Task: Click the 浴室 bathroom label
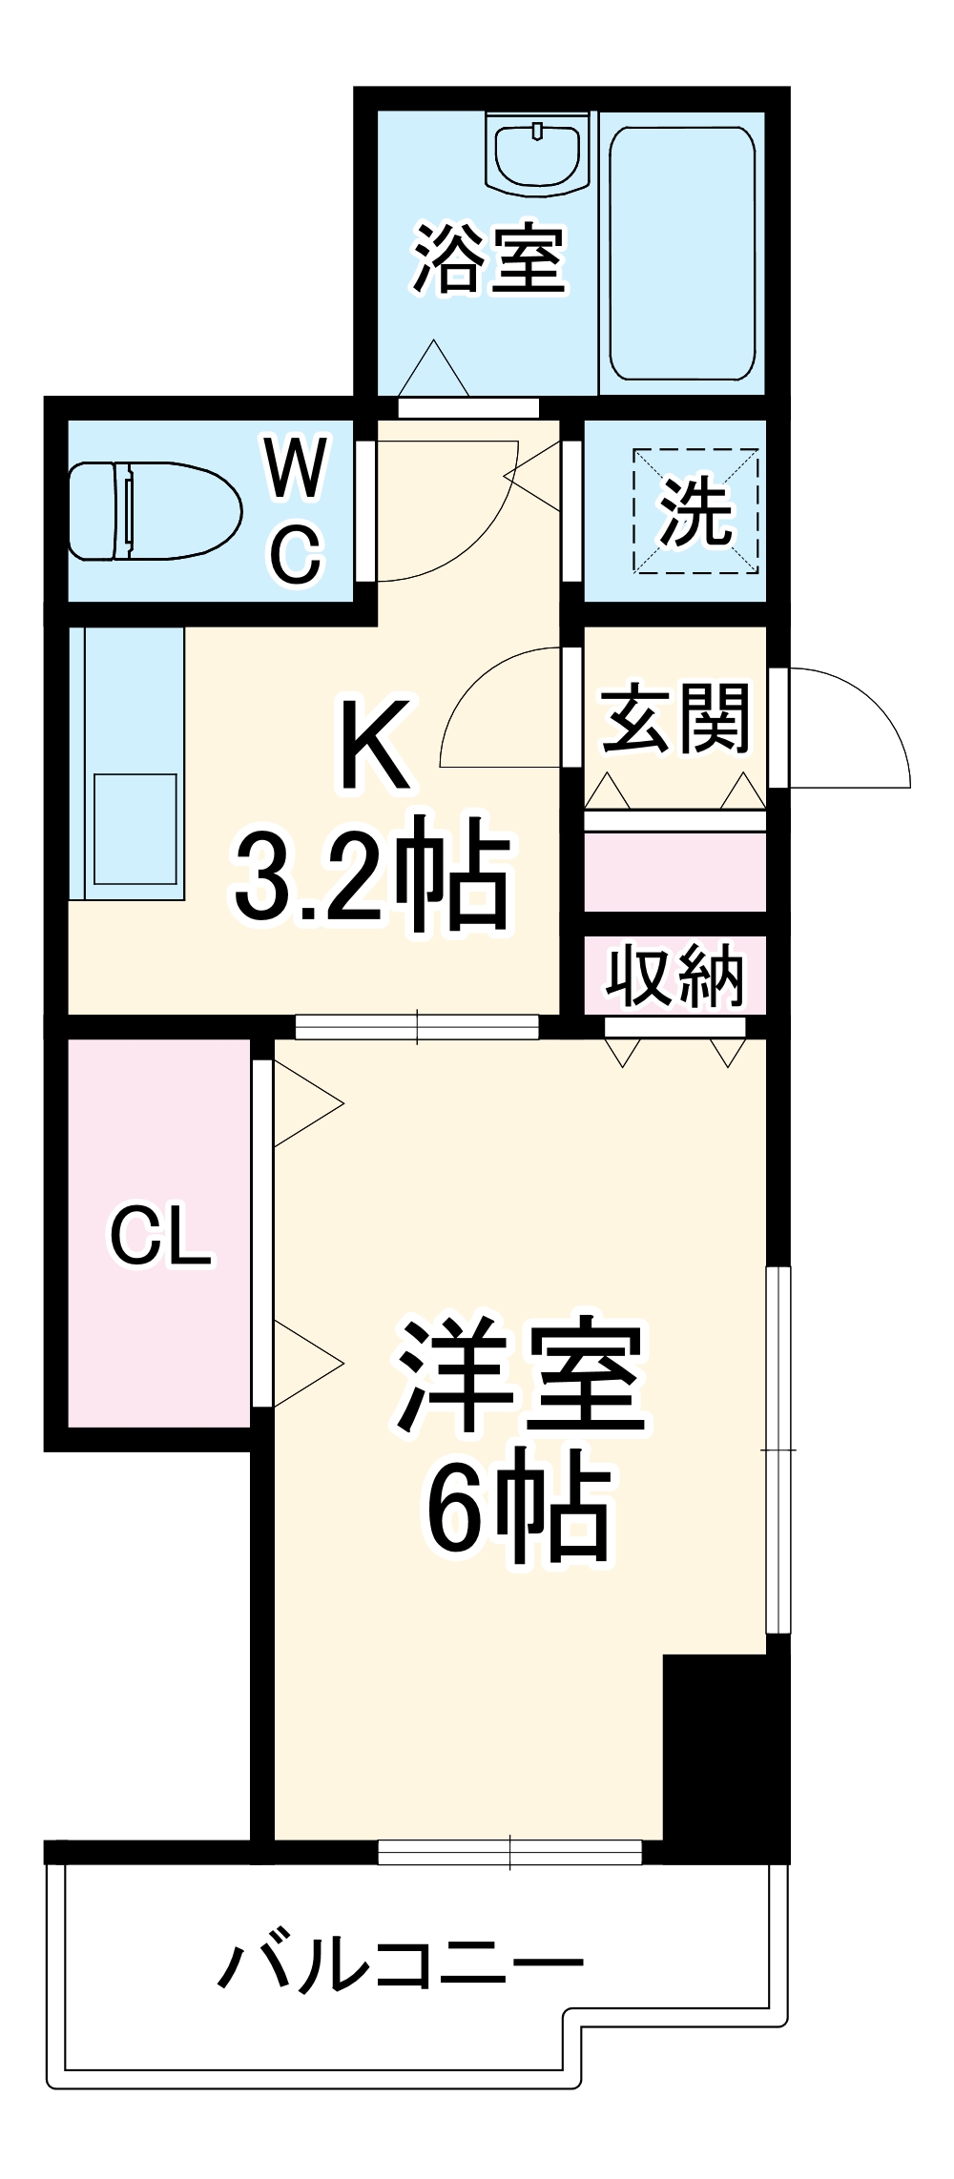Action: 489,258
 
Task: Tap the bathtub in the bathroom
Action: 682,253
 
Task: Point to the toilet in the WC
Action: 153,511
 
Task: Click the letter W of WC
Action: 297,467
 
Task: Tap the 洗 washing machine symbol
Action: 696,512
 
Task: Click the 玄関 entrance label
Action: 675,718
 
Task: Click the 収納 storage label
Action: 675,976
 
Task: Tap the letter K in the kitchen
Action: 377,745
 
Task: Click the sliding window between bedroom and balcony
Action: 509,1852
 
